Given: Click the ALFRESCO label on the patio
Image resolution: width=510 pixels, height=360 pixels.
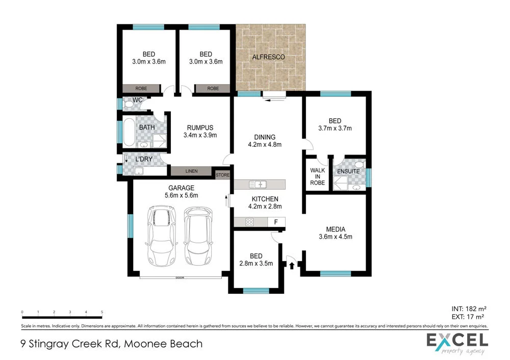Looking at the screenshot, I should point(268,57).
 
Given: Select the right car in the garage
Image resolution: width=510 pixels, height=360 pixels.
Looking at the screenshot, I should point(198,235).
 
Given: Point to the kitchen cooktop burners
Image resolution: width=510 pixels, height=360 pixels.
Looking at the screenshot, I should point(250,222).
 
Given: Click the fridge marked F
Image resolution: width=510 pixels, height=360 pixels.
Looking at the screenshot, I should point(276,222).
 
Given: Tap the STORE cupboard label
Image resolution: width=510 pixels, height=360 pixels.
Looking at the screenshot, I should point(223,175).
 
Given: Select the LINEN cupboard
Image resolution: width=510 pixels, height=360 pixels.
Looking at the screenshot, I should point(191,171).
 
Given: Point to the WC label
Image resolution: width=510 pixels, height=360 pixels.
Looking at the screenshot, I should point(137,100).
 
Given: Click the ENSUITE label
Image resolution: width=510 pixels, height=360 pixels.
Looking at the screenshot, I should point(348,171).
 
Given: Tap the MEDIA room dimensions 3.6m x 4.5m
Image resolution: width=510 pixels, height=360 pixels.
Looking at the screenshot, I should point(335,237).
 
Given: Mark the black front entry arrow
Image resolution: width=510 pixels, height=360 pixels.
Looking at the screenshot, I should point(292,265).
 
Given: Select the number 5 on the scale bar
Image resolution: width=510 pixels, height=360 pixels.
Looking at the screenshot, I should point(102,312).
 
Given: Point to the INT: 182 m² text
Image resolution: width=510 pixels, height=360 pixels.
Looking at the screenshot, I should point(468,308).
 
